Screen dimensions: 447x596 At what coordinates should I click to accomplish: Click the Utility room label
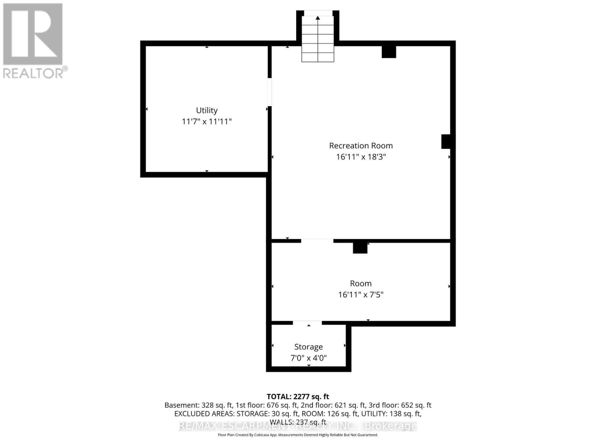[x=207, y=110]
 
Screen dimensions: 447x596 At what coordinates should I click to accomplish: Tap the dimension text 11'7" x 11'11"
[x=207, y=121]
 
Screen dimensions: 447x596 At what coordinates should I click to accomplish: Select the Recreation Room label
[x=361, y=146]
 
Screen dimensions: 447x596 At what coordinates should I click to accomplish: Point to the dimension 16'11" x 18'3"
[x=361, y=157]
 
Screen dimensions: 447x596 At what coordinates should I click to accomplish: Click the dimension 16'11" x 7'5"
[x=361, y=295]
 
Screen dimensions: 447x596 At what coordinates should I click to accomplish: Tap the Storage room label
[x=308, y=347]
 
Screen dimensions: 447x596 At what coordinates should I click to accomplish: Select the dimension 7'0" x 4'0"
[x=308, y=358]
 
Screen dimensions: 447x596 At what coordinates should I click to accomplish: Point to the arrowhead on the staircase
[x=318, y=18]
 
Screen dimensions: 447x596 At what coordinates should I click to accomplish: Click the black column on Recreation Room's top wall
[x=389, y=52]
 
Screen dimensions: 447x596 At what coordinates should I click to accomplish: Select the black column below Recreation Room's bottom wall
[x=360, y=248]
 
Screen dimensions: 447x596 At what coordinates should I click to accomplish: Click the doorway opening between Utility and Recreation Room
[x=270, y=92]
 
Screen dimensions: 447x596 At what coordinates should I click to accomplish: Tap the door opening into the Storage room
[x=307, y=323]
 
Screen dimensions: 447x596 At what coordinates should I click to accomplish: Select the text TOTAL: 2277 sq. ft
[x=298, y=397]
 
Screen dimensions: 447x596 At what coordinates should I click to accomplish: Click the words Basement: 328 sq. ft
[x=199, y=405]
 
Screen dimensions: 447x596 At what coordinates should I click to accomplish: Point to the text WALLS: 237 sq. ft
[x=298, y=422]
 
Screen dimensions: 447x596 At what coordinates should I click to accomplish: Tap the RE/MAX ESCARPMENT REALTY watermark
[x=298, y=426]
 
